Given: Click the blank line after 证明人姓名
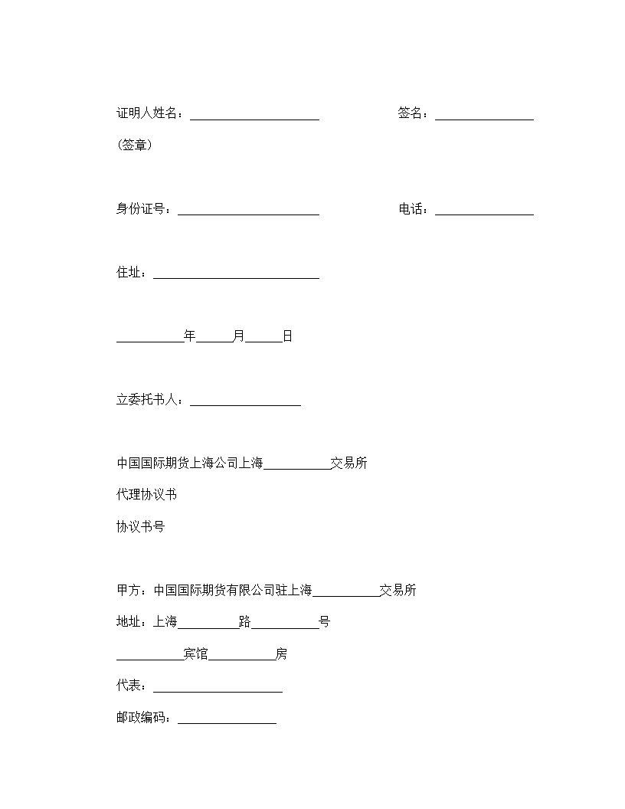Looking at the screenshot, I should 254,115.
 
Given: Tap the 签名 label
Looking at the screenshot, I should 411,113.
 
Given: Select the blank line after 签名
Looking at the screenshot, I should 484,115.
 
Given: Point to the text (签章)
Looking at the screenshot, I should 134,145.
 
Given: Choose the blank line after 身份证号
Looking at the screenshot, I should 248,211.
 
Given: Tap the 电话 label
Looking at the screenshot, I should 411,209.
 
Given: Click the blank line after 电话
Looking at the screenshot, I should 484,211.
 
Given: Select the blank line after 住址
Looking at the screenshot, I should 236,274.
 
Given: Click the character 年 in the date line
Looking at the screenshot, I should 190,336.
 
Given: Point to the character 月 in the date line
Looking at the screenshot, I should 239,336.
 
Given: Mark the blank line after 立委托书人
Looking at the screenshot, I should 245,401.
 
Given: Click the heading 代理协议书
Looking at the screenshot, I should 146,495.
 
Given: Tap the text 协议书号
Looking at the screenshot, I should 140,527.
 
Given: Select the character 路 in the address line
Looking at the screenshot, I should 245,622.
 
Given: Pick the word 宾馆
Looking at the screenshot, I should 196,654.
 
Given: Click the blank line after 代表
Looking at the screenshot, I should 218,688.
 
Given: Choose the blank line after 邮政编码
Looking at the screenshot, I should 227,720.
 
